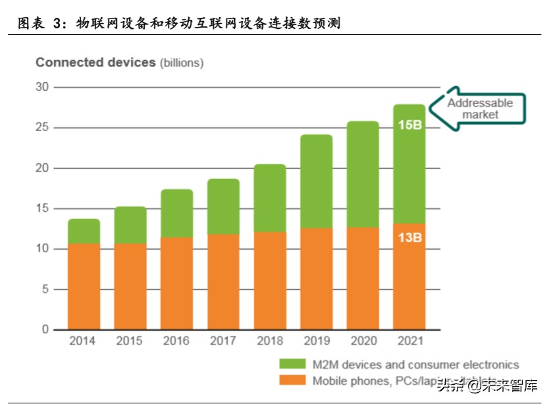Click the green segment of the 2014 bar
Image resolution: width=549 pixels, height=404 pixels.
pyautogui.click(x=84, y=231)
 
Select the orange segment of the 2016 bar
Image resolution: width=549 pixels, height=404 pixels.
pyautogui.click(x=176, y=284)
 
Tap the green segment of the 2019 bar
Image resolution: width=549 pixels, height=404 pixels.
pyautogui.click(x=316, y=182)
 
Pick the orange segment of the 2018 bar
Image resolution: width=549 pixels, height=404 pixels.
pyautogui.click(x=270, y=280)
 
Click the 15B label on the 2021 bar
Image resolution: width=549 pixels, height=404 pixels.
pyautogui.click(x=409, y=124)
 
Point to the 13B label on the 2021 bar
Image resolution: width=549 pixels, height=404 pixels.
pyautogui.click(x=409, y=237)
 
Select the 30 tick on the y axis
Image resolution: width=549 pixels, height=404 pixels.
pyautogui.click(x=42, y=87)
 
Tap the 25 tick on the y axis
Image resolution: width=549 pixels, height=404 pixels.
pyautogui.click(x=42, y=128)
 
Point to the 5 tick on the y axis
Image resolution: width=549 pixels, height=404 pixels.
pyautogui.click(x=45, y=289)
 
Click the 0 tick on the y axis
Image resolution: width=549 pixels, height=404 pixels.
pyautogui.click(x=45, y=329)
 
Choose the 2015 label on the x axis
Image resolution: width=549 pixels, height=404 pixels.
pyautogui.click(x=130, y=341)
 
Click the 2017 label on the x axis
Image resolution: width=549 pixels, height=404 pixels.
pyautogui.click(x=223, y=341)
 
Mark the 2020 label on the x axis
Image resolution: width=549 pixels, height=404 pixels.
pyautogui.click(x=363, y=341)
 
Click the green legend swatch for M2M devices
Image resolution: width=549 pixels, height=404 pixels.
pyautogui.click(x=292, y=365)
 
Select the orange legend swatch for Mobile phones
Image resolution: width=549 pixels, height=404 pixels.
pyautogui.click(x=292, y=381)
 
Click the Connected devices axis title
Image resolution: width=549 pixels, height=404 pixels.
pyautogui.click(x=95, y=63)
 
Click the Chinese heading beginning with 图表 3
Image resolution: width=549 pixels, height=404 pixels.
pyautogui.click(x=178, y=23)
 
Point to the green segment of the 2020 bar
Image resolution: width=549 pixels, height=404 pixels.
pyautogui.click(x=363, y=174)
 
